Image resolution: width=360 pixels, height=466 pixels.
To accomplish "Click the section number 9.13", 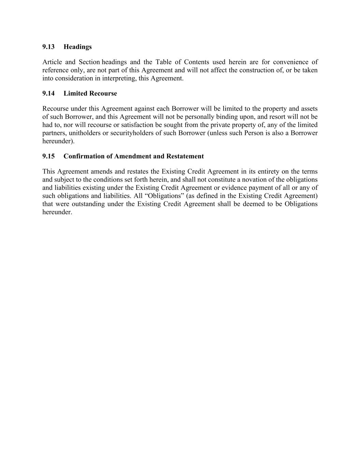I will [x=48, y=47].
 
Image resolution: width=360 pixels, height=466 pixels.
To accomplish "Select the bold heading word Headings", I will [x=77, y=47].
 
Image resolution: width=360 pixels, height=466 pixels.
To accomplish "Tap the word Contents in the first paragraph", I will [x=197, y=62].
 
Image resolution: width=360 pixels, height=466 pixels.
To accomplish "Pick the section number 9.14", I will [x=48, y=94].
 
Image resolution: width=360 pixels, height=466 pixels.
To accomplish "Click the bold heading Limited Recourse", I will [x=90, y=94].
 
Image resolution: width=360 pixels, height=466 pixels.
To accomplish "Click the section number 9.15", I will [x=48, y=156].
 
